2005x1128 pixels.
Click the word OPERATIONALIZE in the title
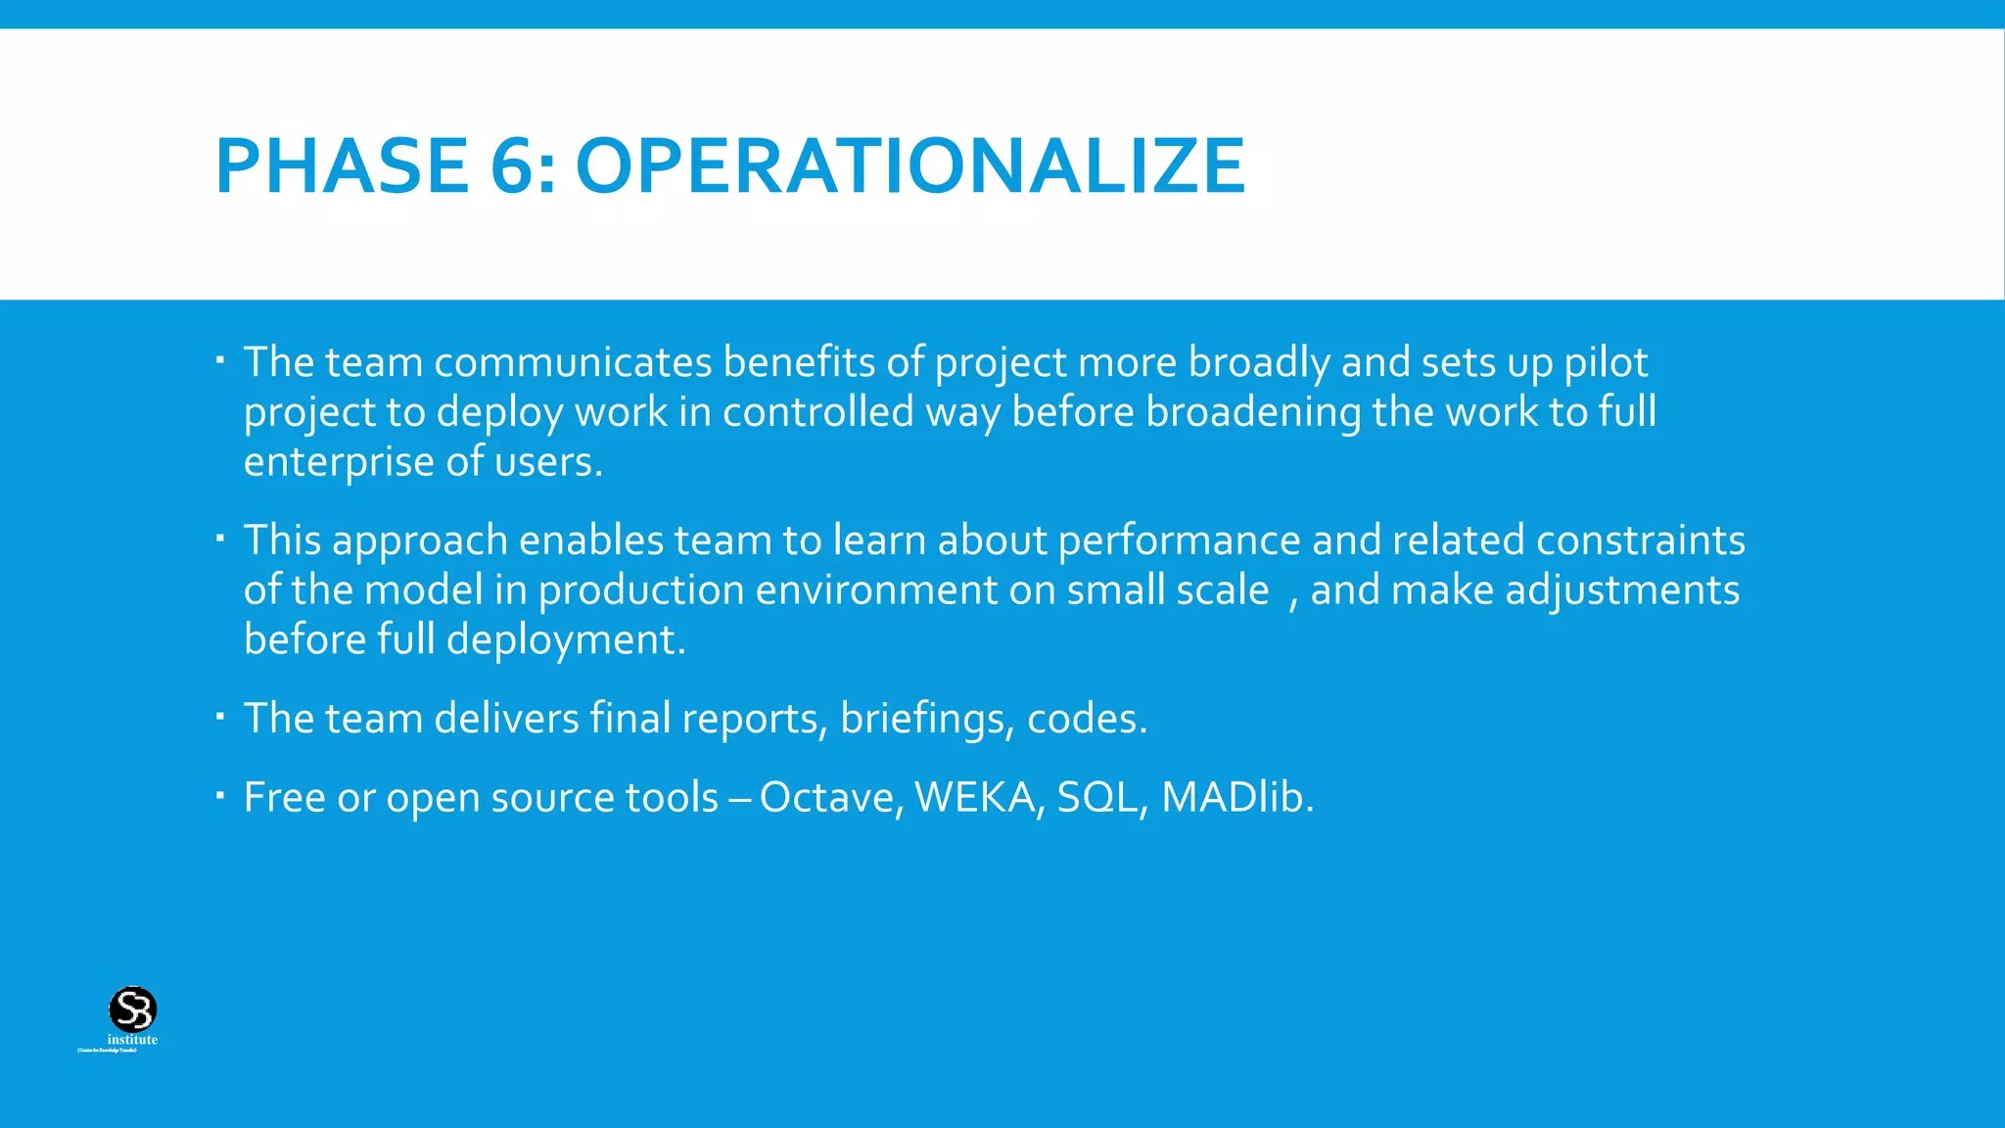[910, 166]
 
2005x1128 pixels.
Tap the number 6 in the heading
[512, 166]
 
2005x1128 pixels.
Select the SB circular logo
[132, 1009]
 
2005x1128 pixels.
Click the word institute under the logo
[132, 1040]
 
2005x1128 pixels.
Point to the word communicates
[573, 363]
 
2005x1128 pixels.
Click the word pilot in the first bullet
[1606, 363]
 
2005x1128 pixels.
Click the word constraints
[1640, 540]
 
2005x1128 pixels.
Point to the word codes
[1086, 720]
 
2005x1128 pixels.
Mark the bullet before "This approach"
[220, 538]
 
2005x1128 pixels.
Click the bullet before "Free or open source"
[220, 794]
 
